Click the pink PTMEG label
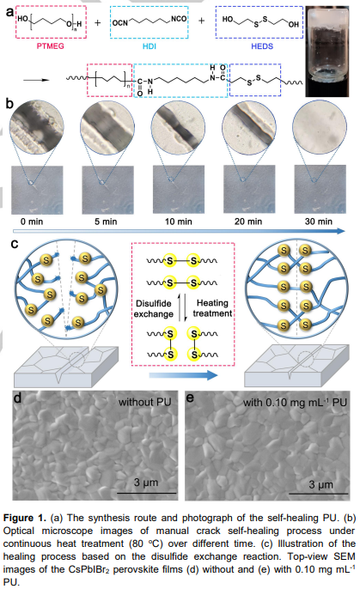[51, 46]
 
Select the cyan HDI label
[149, 46]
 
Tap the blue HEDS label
[262, 46]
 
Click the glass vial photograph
[327, 52]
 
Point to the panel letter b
[9, 104]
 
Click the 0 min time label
[32, 222]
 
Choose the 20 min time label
[248, 222]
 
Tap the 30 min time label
[319, 222]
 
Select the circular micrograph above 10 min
[178, 127]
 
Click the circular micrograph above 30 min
[320, 127]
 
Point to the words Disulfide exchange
[154, 309]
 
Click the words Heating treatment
[213, 308]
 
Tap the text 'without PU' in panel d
[145, 403]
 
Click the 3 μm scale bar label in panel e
[321, 484]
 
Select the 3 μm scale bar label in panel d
[146, 483]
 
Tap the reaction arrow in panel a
[36, 80]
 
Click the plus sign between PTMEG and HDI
[98, 22]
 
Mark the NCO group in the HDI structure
[179, 18]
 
